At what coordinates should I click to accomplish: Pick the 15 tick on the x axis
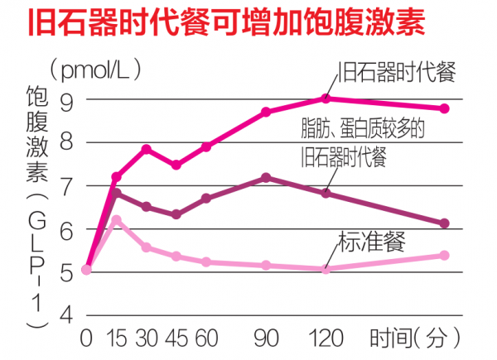tap(116, 338)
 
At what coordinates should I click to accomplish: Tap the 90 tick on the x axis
tap(266, 338)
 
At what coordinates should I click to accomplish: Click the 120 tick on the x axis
tap(326, 338)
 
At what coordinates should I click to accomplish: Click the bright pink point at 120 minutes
tap(326, 98)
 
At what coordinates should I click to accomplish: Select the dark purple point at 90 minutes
tap(266, 178)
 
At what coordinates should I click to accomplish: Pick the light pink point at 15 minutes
tap(117, 220)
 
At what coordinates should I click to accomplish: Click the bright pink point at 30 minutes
tap(147, 149)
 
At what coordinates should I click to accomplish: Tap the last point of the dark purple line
tap(445, 223)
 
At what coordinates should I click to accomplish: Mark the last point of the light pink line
tap(445, 256)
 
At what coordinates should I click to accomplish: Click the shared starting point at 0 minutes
tap(86, 269)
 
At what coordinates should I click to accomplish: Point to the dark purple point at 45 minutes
tap(176, 214)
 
